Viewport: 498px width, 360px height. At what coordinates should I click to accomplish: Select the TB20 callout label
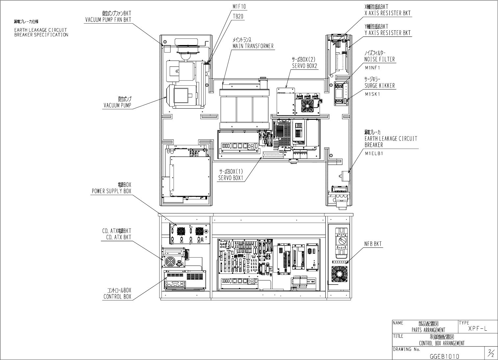pyautogui.click(x=238, y=16)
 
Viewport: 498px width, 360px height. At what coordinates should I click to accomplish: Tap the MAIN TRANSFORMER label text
pyautogui.click(x=253, y=46)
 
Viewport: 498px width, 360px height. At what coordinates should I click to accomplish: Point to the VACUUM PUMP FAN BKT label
pyautogui.click(x=108, y=20)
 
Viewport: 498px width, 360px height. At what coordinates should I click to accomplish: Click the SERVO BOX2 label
pyautogui.click(x=304, y=66)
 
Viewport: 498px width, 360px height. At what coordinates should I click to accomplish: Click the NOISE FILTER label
pyautogui.click(x=380, y=59)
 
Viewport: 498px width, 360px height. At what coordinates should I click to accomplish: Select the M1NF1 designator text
pyautogui.click(x=372, y=68)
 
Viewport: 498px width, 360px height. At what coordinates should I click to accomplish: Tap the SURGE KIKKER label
pyautogui.click(x=380, y=86)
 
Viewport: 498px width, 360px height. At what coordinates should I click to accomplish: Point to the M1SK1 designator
pyautogui.click(x=372, y=94)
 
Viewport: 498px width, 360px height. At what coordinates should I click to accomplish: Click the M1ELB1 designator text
pyautogui.click(x=374, y=153)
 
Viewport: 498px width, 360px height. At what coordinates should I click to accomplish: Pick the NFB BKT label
pyautogui.click(x=373, y=244)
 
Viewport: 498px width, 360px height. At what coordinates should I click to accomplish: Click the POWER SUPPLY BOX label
pyautogui.click(x=111, y=191)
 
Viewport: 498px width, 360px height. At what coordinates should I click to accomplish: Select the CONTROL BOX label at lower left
pyautogui.click(x=117, y=297)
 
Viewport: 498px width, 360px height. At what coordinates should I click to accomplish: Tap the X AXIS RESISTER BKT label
pyautogui.click(x=387, y=13)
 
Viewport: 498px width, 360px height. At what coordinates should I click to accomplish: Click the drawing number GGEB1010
pyautogui.click(x=444, y=356)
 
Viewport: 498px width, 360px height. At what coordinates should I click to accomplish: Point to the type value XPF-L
pyautogui.click(x=477, y=329)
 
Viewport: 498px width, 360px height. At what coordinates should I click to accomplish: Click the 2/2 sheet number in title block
pyautogui.click(x=491, y=353)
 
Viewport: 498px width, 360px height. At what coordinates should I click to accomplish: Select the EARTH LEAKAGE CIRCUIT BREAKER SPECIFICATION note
pyautogui.click(x=41, y=32)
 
